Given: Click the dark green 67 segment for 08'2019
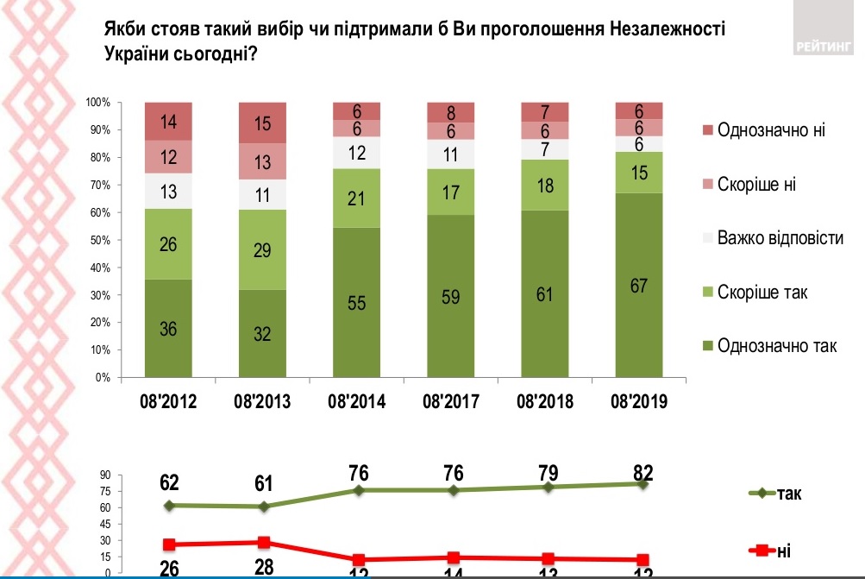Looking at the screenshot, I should (638, 285).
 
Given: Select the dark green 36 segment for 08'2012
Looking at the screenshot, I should (168, 328).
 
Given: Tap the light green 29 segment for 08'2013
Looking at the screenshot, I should (262, 249).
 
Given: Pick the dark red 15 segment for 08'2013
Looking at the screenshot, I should (262, 123).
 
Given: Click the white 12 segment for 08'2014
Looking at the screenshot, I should (356, 153).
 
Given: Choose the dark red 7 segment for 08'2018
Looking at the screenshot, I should (544, 111).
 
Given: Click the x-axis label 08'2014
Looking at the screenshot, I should (356, 402).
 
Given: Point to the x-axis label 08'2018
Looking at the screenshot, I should (544, 402).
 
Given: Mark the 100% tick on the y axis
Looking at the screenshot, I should (98, 103).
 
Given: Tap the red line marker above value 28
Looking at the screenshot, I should (264, 543).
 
